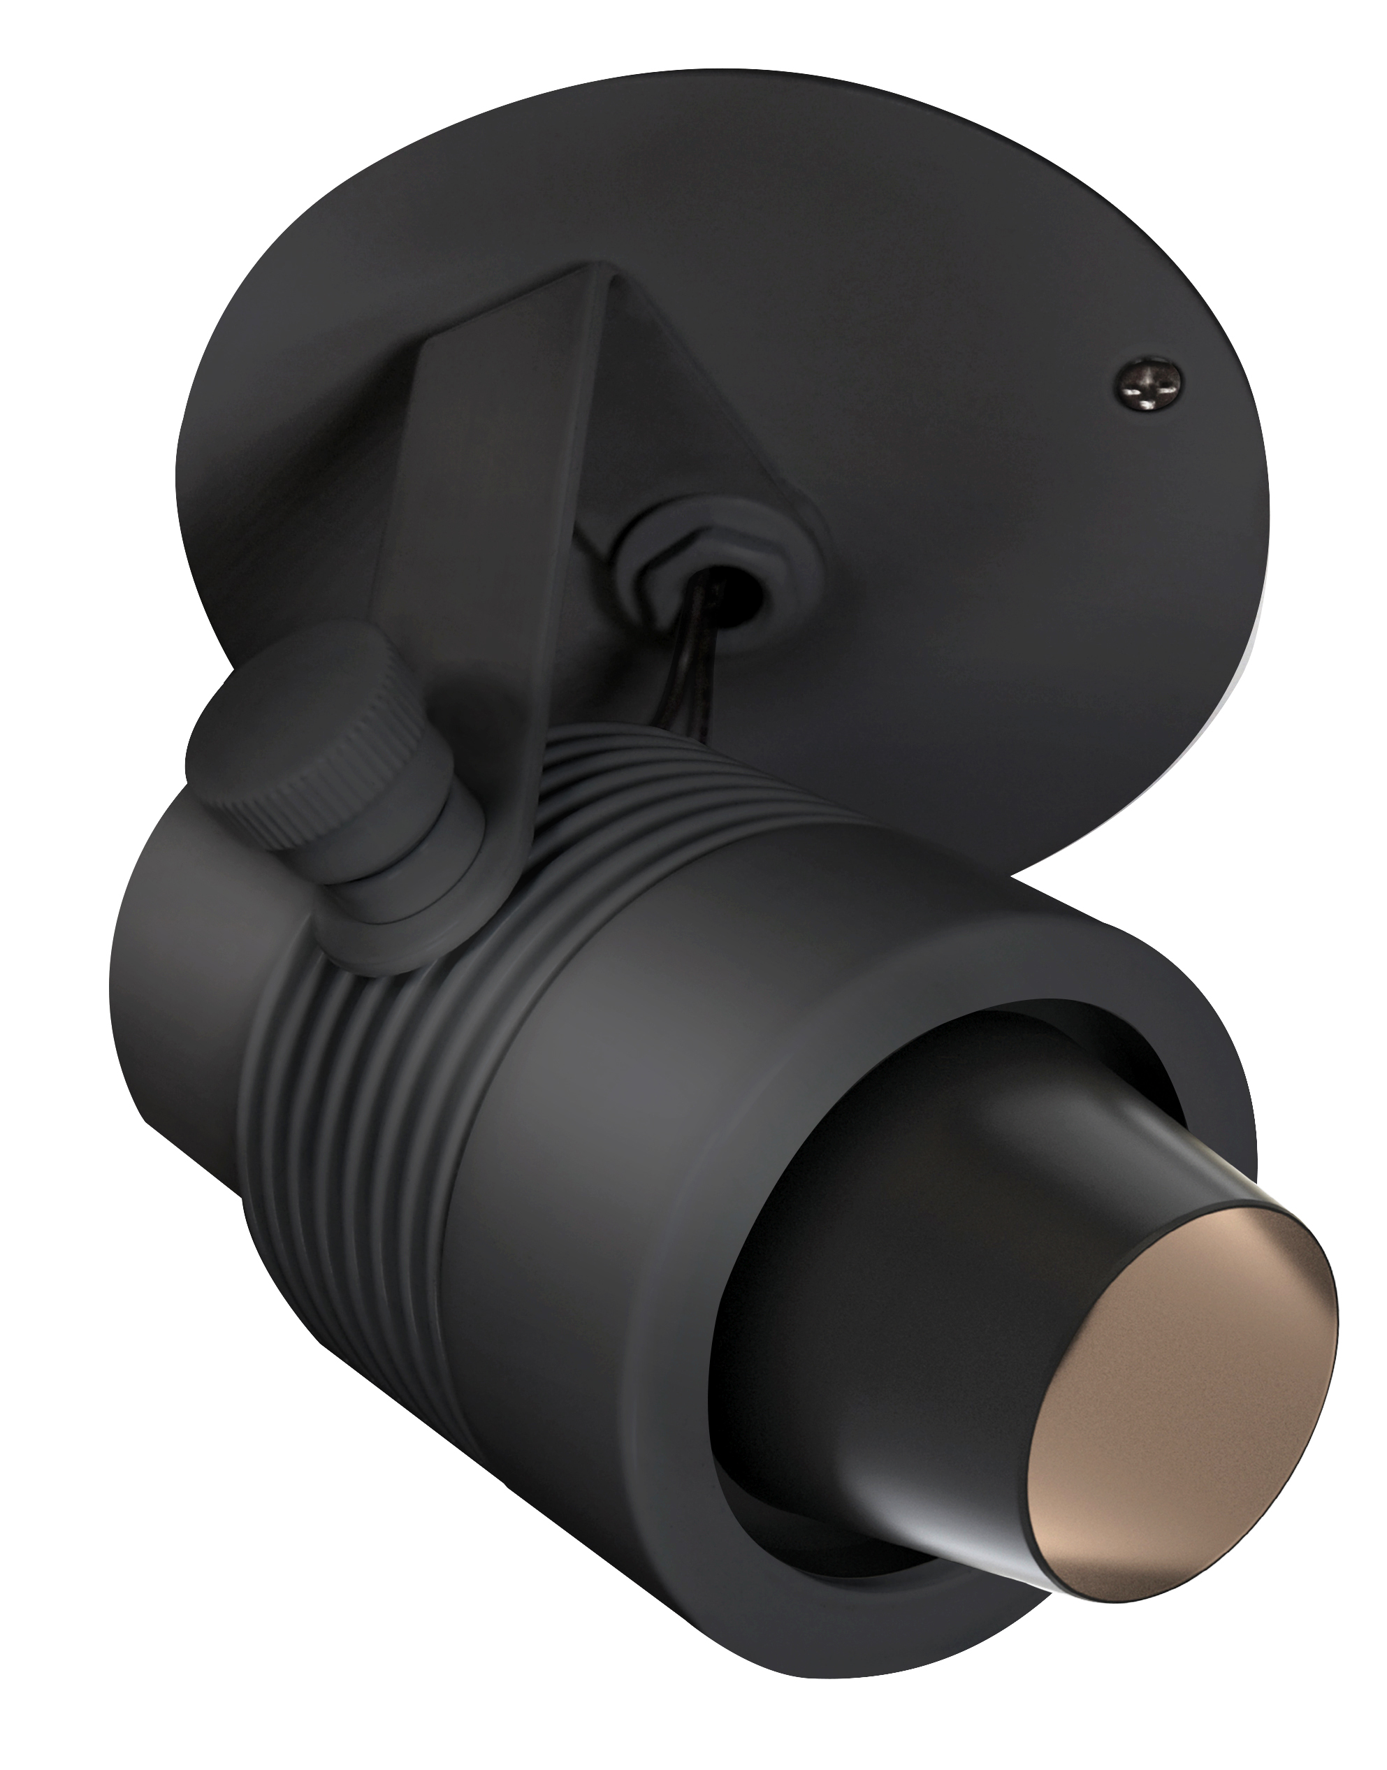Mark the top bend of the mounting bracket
601,276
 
